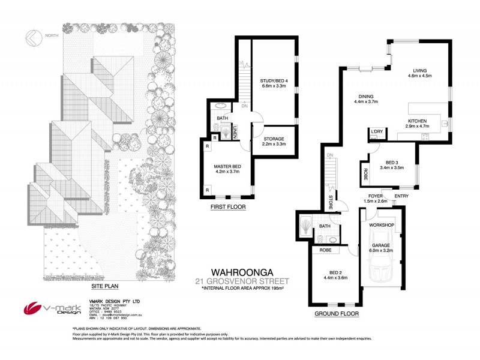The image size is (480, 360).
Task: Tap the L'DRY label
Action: [x=377, y=131]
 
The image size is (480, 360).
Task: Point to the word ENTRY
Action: [x=401, y=196]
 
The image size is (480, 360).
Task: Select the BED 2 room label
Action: [x=331, y=273]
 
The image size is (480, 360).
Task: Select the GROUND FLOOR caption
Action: [x=337, y=313]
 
